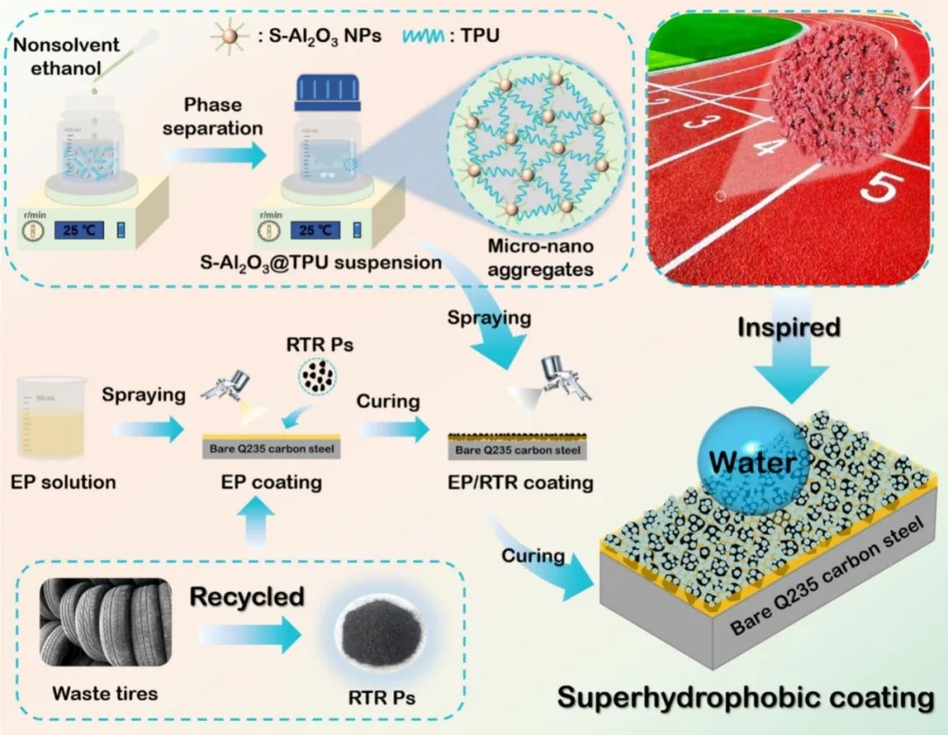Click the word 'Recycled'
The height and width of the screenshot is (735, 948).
click(x=247, y=597)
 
